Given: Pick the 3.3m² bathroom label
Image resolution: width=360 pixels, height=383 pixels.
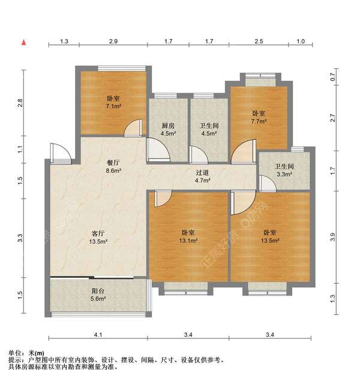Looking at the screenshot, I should (x=284, y=170).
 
